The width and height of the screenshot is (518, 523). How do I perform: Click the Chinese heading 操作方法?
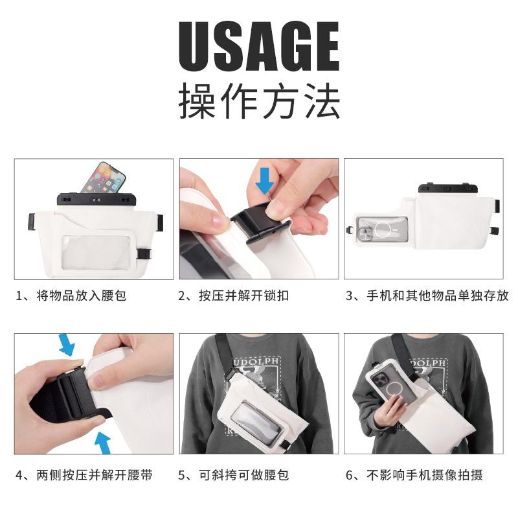pyautogui.click(x=259, y=101)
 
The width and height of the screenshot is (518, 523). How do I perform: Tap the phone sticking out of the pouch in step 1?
pyautogui.click(x=104, y=178)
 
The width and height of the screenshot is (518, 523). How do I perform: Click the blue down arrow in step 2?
pyautogui.click(x=265, y=181)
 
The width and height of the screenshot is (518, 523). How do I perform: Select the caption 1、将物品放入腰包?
pyautogui.click(x=71, y=296)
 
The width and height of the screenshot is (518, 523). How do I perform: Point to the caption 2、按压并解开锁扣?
pyautogui.click(x=234, y=296)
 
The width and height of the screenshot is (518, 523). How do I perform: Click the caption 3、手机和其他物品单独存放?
pyautogui.click(x=427, y=296)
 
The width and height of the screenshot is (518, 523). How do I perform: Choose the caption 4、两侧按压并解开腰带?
pyautogui.click(x=84, y=475)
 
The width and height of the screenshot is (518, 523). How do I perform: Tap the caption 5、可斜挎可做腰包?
pyautogui.click(x=234, y=475)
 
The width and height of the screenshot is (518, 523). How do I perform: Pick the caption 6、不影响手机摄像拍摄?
pyautogui.click(x=414, y=475)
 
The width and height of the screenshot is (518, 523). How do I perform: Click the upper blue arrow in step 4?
pyautogui.click(x=67, y=345)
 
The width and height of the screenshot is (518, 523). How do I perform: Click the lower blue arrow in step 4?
pyautogui.click(x=103, y=443)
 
